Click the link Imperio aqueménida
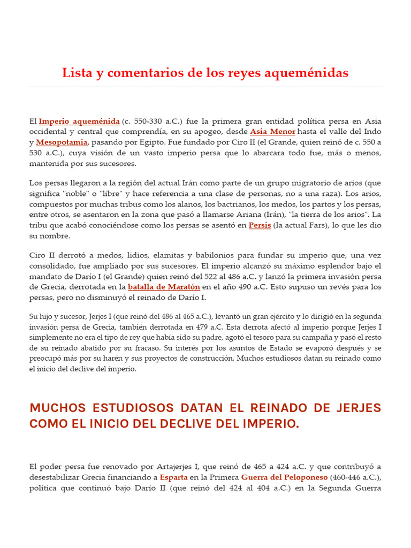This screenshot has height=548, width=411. pyautogui.click(x=79, y=121)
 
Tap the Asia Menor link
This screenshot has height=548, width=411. pyautogui.click(x=272, y=132)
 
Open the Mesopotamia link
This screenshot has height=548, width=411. pyautogui.click(x=62, y=142)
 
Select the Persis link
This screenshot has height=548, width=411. pyautogui.click(x=260, y=225)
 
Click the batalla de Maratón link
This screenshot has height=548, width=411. pyautogui.click(x=164, y=287)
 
